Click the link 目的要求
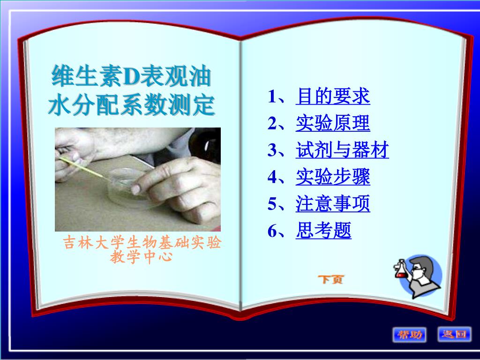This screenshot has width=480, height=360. coord(332,97)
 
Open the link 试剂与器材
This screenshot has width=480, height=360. coord(342,150)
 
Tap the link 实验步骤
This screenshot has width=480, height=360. coord(332,177)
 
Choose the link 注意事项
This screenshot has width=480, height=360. coord(332,204)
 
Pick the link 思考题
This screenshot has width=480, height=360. coord(323,231)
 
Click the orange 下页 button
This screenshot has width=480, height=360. coord(330,280)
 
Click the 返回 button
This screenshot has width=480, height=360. coord(454,334)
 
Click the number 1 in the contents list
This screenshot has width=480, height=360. coord(272,97)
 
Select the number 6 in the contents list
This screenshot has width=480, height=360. coord(272,231)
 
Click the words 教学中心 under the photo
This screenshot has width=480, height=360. coord(142,257)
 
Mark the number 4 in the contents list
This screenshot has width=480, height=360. coord(272,178)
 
